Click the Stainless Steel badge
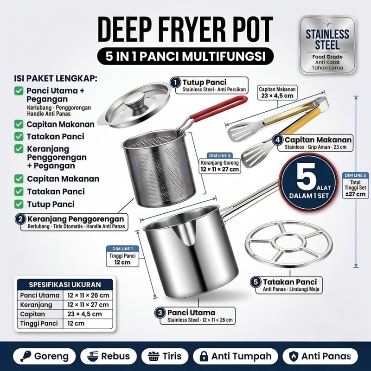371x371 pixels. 327,45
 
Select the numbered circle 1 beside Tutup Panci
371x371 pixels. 175,83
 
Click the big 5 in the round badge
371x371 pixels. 306,177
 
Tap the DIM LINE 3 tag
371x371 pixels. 219,155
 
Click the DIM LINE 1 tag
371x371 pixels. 122,249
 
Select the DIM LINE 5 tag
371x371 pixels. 355,175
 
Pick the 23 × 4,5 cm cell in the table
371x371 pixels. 84,314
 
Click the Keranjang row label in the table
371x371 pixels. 36,305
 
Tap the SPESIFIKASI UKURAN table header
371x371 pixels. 65,284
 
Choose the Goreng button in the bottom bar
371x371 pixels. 44,356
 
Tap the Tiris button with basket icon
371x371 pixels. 165,356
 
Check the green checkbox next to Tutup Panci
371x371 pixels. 19,204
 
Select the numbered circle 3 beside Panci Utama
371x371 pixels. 160,313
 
